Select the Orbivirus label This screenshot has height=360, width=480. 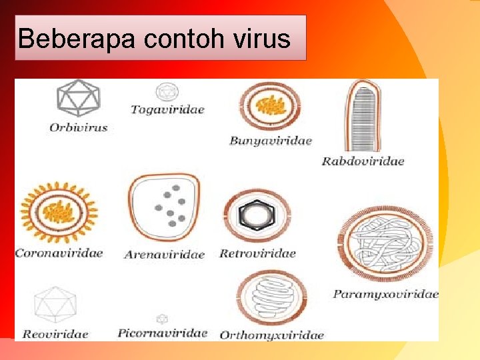[78, 127]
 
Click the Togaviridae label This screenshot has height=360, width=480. [167, 109]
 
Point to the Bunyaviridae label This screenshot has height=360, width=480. [270, 141]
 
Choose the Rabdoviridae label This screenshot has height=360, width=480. [363, 161]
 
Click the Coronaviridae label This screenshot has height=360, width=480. [59, 253]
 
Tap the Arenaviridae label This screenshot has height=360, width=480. [164, 255]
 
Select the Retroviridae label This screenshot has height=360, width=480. [257, 253]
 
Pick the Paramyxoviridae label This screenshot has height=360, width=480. [386, 293]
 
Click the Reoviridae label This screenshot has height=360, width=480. [55, 334]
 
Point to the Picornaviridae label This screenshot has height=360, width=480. [162, 333]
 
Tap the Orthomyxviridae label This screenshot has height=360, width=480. [271, 335]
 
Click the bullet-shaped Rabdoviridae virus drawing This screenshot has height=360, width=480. [363, 117]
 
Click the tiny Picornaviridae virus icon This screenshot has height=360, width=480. [162, 319]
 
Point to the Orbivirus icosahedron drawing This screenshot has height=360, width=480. [78, 98]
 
